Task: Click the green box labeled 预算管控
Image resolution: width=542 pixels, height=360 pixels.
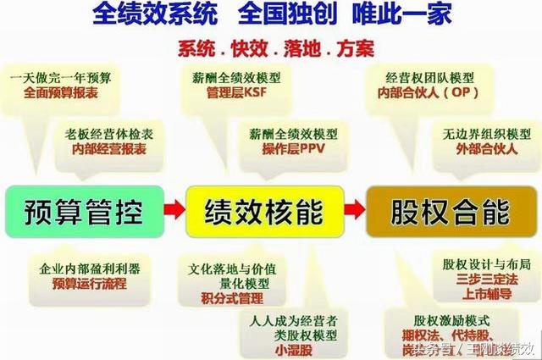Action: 82,208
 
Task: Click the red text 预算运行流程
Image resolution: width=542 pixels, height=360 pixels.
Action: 87,284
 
